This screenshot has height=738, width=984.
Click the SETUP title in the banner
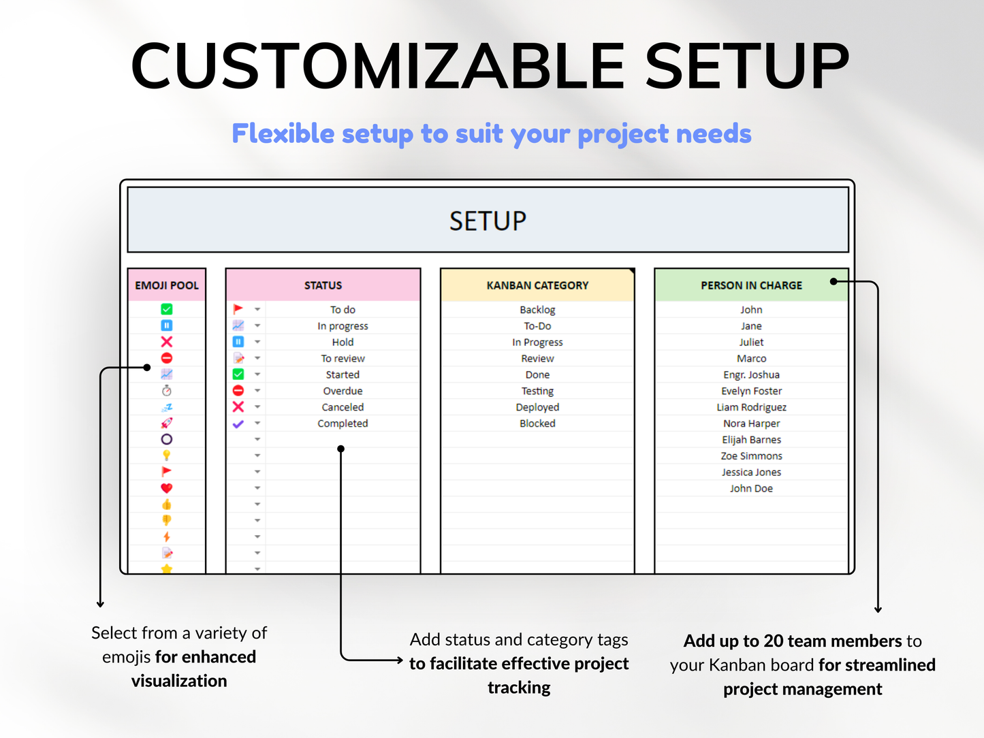click(x=488, y=221)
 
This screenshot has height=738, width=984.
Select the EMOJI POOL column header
click(x=167, y=285)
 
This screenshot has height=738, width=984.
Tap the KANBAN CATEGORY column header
click(x=537, y=285)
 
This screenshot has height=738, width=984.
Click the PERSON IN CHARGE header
click(x=751, y=285)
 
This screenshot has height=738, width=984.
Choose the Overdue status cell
click(x=343, y=391)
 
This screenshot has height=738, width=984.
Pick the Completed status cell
click(x=343, y=423)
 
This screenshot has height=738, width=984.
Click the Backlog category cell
click(x=537, y=310)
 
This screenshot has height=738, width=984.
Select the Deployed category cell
click(x=537, y=407)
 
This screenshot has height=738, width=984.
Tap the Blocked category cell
click(x=537, y=423)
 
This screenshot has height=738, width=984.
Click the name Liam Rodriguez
click(x=751, y=407)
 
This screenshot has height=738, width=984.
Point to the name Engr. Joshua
click(x=751, y=374)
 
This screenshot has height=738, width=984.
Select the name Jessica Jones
click(x=751, y=472)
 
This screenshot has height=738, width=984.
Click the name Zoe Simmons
click(x=751, y=456)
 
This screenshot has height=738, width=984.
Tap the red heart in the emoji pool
click(x=167, y=488)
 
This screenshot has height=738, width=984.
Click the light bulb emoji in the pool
click(x=167, y=455)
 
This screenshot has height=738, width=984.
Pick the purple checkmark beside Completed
click(x=238, y=423)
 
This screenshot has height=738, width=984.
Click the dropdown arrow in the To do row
click(x=257, y=310)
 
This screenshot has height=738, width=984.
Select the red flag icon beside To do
click(x=238, y=310)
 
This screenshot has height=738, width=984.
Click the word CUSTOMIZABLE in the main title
click(x=377, y=66)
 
